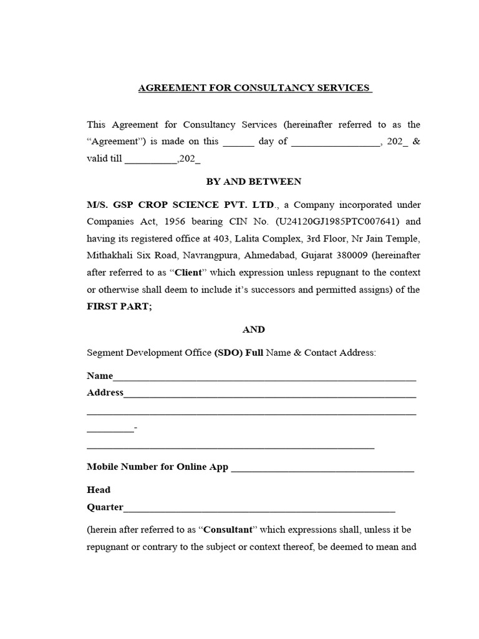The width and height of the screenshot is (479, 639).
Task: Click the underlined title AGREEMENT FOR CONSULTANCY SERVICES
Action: coord(254,87)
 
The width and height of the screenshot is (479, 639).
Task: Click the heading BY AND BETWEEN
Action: coord(254,182)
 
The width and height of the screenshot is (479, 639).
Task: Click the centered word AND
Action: coord(254,329)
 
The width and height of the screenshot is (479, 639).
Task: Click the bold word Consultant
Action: coord(227,530)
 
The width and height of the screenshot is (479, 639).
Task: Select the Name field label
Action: coord(100,376)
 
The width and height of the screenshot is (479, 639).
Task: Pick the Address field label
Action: coord(105,393)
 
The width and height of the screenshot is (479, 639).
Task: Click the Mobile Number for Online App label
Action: coord(158,467)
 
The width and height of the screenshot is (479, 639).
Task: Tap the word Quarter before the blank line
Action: coord(105,507)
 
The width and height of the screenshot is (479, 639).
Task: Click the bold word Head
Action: coord(99,490)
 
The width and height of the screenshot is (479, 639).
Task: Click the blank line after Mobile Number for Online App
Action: coord(322,468)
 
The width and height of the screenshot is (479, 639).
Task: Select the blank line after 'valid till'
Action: coord(151,160)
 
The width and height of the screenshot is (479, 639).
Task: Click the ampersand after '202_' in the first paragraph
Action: coord(417,141)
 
